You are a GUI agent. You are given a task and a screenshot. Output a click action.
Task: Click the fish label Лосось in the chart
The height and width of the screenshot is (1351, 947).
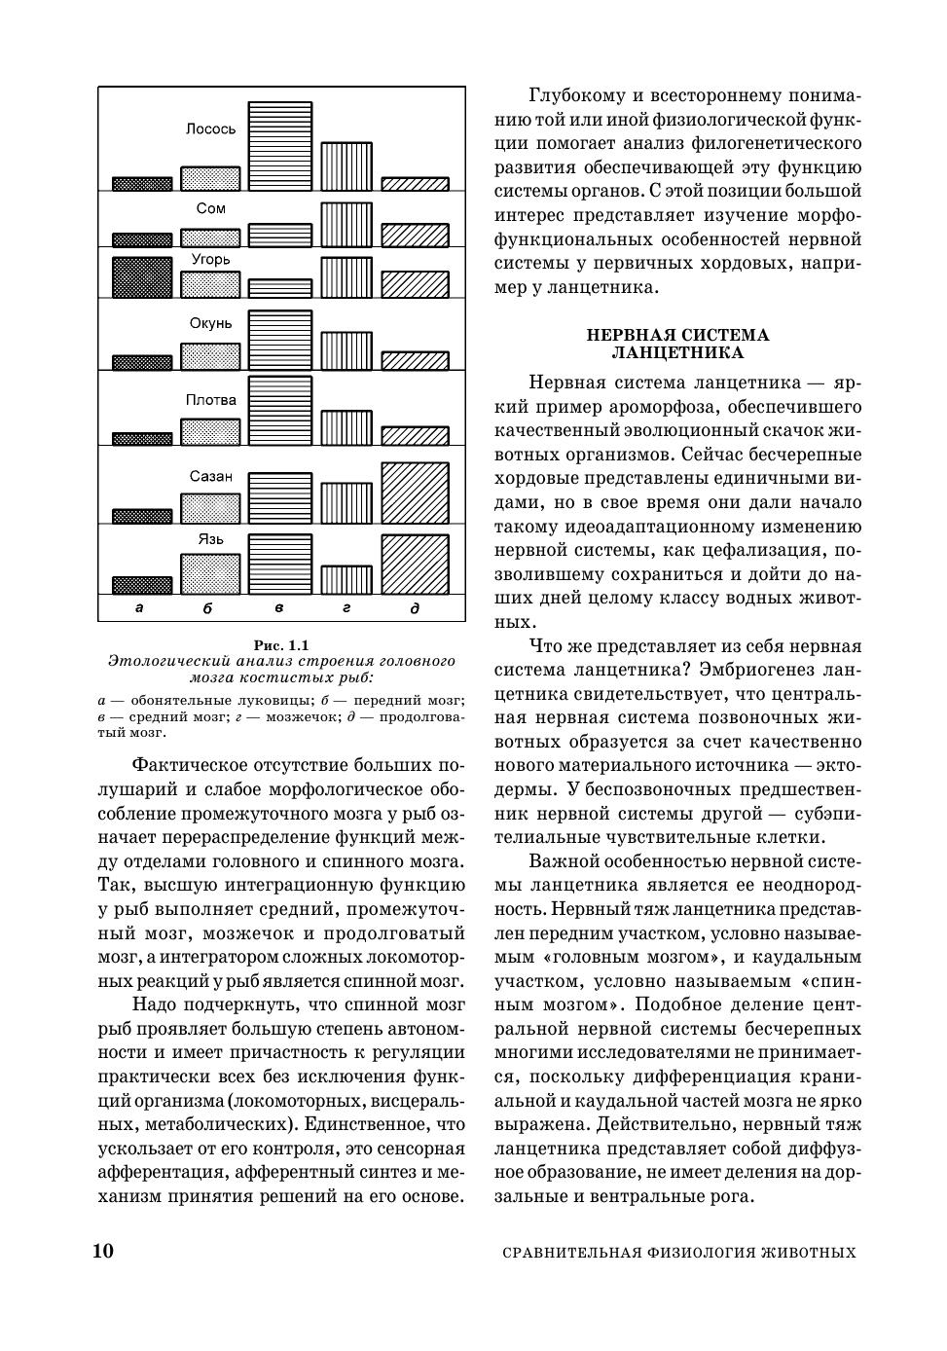(x=210, y=128)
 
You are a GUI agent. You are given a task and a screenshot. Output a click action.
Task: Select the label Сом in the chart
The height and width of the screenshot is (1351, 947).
(x=210, y=208)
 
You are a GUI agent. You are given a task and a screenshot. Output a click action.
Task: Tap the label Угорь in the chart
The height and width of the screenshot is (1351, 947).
(x=210, y=260)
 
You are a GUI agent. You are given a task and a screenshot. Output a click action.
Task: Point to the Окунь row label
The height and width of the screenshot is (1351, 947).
(x=210, y=323)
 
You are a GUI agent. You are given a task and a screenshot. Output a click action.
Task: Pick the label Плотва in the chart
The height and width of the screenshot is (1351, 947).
(x=210, y=400)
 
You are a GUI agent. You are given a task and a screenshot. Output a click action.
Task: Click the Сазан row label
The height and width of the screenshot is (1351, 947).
(x=210, y=476)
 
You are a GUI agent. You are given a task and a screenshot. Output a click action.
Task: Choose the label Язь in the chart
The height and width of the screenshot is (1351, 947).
(x=210, y=538)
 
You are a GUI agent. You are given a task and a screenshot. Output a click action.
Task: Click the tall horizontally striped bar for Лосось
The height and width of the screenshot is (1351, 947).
(x=280, y=146)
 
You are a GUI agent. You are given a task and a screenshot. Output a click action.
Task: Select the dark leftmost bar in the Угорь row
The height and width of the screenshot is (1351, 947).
(x=142, y=276)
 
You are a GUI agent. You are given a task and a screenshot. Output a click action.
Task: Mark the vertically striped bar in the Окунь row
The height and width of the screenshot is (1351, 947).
(x=346, y=351)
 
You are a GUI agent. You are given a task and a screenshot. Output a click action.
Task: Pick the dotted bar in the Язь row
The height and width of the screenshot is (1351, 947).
(x=210, y=573)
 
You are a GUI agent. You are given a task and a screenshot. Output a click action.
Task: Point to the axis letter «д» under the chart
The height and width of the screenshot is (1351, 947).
(x=415, y=608)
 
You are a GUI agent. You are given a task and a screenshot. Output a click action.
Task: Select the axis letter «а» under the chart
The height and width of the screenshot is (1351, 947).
(x=139, y=608)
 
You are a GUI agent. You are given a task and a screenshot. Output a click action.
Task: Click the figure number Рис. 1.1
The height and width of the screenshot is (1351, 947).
(x=280, y=644)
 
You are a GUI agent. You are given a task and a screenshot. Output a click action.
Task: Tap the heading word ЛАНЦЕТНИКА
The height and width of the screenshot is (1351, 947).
(x=677, y=352)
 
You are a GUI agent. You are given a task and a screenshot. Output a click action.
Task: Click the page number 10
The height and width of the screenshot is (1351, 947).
(x=103, y=1251)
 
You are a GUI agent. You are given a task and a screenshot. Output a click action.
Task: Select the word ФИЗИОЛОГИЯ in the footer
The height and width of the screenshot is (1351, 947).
(x=699, y=1253)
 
